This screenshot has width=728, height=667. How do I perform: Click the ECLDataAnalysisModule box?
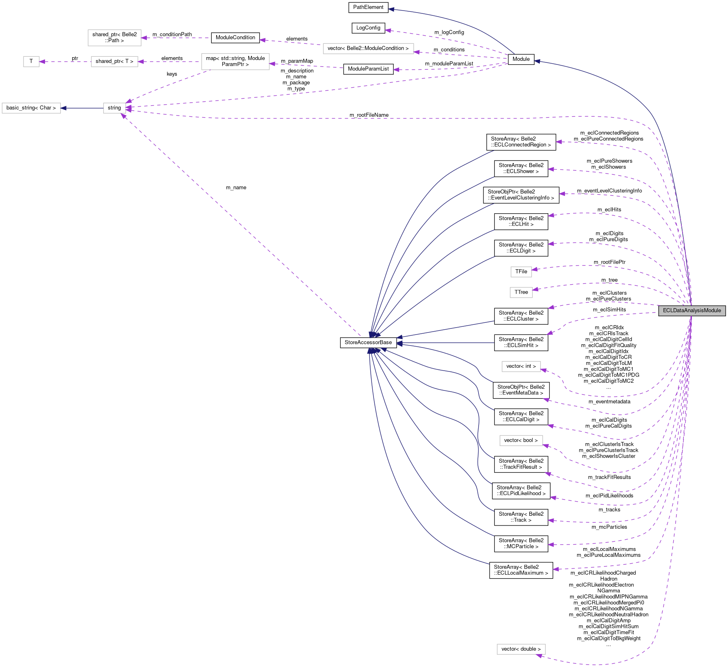[691, 311]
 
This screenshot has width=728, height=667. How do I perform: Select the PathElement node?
[368, 7]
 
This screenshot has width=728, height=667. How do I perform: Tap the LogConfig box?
[368, 28]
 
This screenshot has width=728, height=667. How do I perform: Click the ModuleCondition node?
[235, 38]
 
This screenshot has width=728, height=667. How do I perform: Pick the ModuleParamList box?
[368, 69]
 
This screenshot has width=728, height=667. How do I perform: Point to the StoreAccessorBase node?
[368, 343]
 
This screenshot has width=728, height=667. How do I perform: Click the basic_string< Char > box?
[31, 108]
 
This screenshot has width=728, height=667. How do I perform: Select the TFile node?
[521, 272]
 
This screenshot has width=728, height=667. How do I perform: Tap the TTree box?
[521, 292]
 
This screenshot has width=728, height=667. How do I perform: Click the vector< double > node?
[521, 649]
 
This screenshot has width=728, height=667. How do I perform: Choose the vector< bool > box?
[521, 440]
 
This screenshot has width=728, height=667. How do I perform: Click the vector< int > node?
[521, 367]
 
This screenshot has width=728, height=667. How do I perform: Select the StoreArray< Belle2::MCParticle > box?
[521, 544]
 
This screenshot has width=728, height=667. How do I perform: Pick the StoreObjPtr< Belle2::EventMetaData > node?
[521, 390]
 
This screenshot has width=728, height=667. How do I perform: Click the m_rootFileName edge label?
[369, 115]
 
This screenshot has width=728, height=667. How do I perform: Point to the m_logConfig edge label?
[449, 32]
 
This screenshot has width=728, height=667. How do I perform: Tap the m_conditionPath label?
[172, 34]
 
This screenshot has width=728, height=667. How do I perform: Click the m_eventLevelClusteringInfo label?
[609, 191]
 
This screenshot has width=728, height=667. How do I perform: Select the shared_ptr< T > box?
[114, 62]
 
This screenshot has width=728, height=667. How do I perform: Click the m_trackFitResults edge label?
[609, 477]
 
